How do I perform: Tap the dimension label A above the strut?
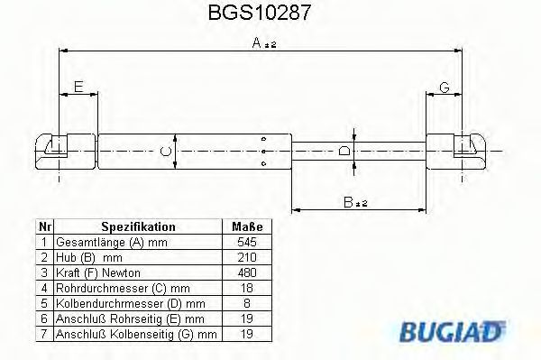(257, 42)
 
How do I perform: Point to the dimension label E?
(78, 87)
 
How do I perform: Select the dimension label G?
(444, 87)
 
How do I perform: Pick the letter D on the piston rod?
(344, 152)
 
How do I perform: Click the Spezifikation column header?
(138, 226)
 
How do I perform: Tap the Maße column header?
(246, 226)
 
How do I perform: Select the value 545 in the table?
(246, 242)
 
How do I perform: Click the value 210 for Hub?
(246, 257)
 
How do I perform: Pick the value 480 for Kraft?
(246, 272)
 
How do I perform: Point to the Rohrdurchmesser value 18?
(246, 288)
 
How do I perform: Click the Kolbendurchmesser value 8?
(246, 303)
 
